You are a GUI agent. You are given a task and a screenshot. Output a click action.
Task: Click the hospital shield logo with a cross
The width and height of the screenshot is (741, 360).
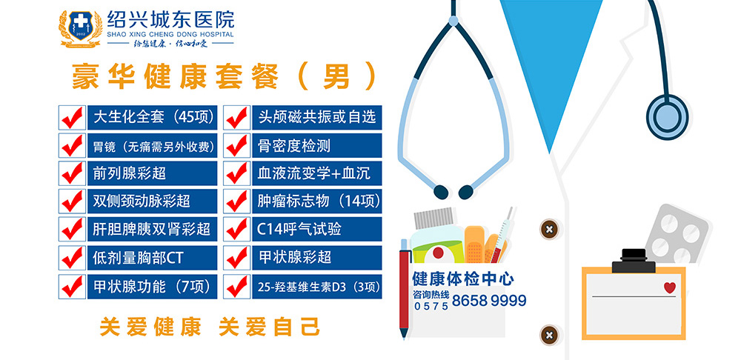point(80,27)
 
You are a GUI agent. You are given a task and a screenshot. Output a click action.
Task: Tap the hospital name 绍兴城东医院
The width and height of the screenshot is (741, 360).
point(170,19)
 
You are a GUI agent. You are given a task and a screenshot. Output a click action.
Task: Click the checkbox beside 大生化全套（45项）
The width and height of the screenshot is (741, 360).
point(72,118)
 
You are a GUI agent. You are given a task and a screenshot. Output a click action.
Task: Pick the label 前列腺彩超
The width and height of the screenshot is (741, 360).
point(130,173)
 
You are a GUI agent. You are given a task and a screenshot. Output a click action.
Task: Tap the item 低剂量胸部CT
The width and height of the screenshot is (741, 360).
point(138,258)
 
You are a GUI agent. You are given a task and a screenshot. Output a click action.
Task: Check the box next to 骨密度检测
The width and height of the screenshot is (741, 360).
point(237,145)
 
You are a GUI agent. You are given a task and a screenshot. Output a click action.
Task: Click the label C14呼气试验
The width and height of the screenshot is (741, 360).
point(299,230)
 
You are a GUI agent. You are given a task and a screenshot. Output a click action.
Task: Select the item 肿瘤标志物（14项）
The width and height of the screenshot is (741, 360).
point(319,201)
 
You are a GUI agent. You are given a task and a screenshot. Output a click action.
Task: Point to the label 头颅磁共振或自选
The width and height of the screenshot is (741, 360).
point(316,117)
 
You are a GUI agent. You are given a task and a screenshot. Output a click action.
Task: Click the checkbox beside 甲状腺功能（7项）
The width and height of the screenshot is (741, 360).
point(72,287)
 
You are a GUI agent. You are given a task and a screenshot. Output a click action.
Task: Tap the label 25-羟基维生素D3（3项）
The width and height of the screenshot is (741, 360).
point(319,287)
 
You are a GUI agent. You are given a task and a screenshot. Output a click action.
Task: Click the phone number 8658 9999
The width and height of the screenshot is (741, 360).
point(489,301)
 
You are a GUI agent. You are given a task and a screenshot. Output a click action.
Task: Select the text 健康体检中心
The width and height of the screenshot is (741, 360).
point(463,279)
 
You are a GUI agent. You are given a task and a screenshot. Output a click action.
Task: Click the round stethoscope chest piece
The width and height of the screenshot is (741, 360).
point(667,117)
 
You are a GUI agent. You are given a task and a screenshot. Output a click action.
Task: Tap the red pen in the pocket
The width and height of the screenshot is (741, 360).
point(404,288)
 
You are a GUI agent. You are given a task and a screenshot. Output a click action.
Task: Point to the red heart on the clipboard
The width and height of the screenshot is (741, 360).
point(670,287)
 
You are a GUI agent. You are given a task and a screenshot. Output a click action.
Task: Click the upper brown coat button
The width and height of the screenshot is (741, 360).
point(549,230)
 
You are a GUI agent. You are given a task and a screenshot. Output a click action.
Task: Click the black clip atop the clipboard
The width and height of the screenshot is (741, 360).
point(634,261)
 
